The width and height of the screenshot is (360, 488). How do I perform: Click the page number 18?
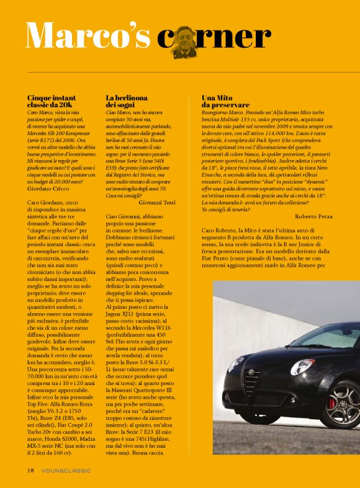click(30, 471)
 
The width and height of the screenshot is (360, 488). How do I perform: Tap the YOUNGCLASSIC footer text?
click(66, 471)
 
